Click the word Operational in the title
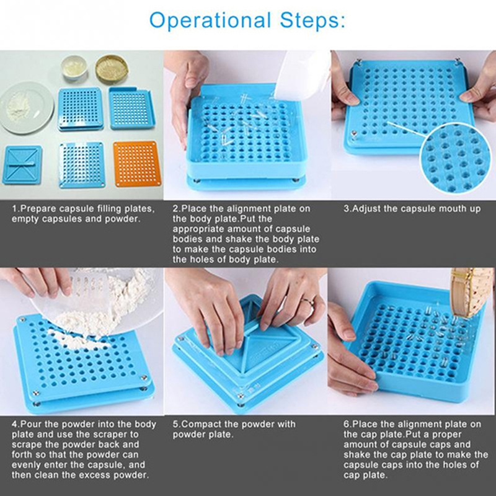210,20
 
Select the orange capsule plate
137,164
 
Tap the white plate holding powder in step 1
26,107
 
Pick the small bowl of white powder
74,67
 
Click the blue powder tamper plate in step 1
22,165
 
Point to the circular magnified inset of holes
456,158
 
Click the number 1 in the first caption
14,209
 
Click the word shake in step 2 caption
236,239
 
